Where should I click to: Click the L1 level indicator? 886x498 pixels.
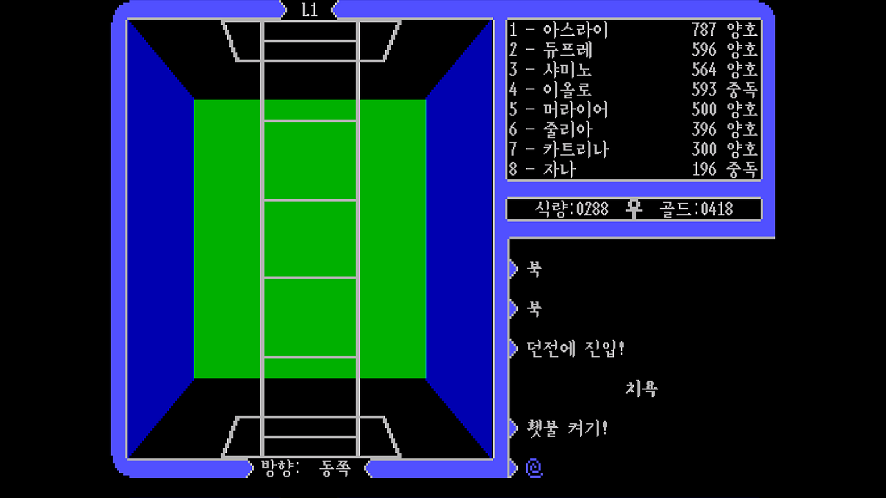(309, 10)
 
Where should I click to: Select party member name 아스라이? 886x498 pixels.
(575, 30)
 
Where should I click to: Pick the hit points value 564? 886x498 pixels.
(704, 70)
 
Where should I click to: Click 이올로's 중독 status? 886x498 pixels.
(743, 90)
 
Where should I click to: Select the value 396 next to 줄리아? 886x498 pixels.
(704, 129)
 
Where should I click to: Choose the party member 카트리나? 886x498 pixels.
(575, 149)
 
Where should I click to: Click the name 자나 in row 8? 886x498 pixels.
(559, 169)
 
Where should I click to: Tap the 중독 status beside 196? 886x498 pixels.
(743, 169)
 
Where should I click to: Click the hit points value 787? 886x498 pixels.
(704, 30)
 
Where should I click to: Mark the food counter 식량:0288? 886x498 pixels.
(572, 209)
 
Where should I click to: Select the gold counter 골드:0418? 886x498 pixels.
(696, 209)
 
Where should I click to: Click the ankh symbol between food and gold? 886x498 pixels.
(633, 209)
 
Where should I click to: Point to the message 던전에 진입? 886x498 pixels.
(575, 348)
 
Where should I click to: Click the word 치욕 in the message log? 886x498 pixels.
(641, 388)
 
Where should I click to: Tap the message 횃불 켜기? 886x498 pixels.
(567, 428)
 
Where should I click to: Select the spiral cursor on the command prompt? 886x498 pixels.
(533, 468)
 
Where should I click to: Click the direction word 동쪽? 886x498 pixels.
(335, 468)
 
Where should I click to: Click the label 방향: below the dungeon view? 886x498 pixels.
(280, 468)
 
